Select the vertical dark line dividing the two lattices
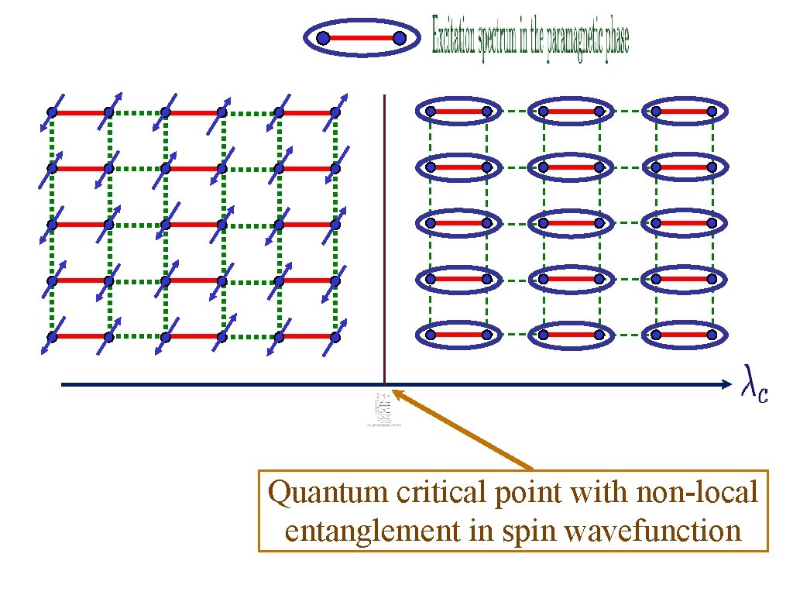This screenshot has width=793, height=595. [x=384, y=232]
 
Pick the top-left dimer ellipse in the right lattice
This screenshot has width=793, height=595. [x=458, y=112]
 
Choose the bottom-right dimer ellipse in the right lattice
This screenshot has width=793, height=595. [x=684, y=335]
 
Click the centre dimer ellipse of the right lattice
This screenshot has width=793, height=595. [x=571, y=223]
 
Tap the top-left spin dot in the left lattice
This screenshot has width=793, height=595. [x=52, y=112]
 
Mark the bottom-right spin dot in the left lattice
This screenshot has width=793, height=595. [x=335, y=337]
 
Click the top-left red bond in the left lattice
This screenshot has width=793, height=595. [x=81, y=112]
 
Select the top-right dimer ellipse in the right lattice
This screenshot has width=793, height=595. [x=684, y=112]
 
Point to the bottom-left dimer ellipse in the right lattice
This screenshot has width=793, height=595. [x=458, y=335]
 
